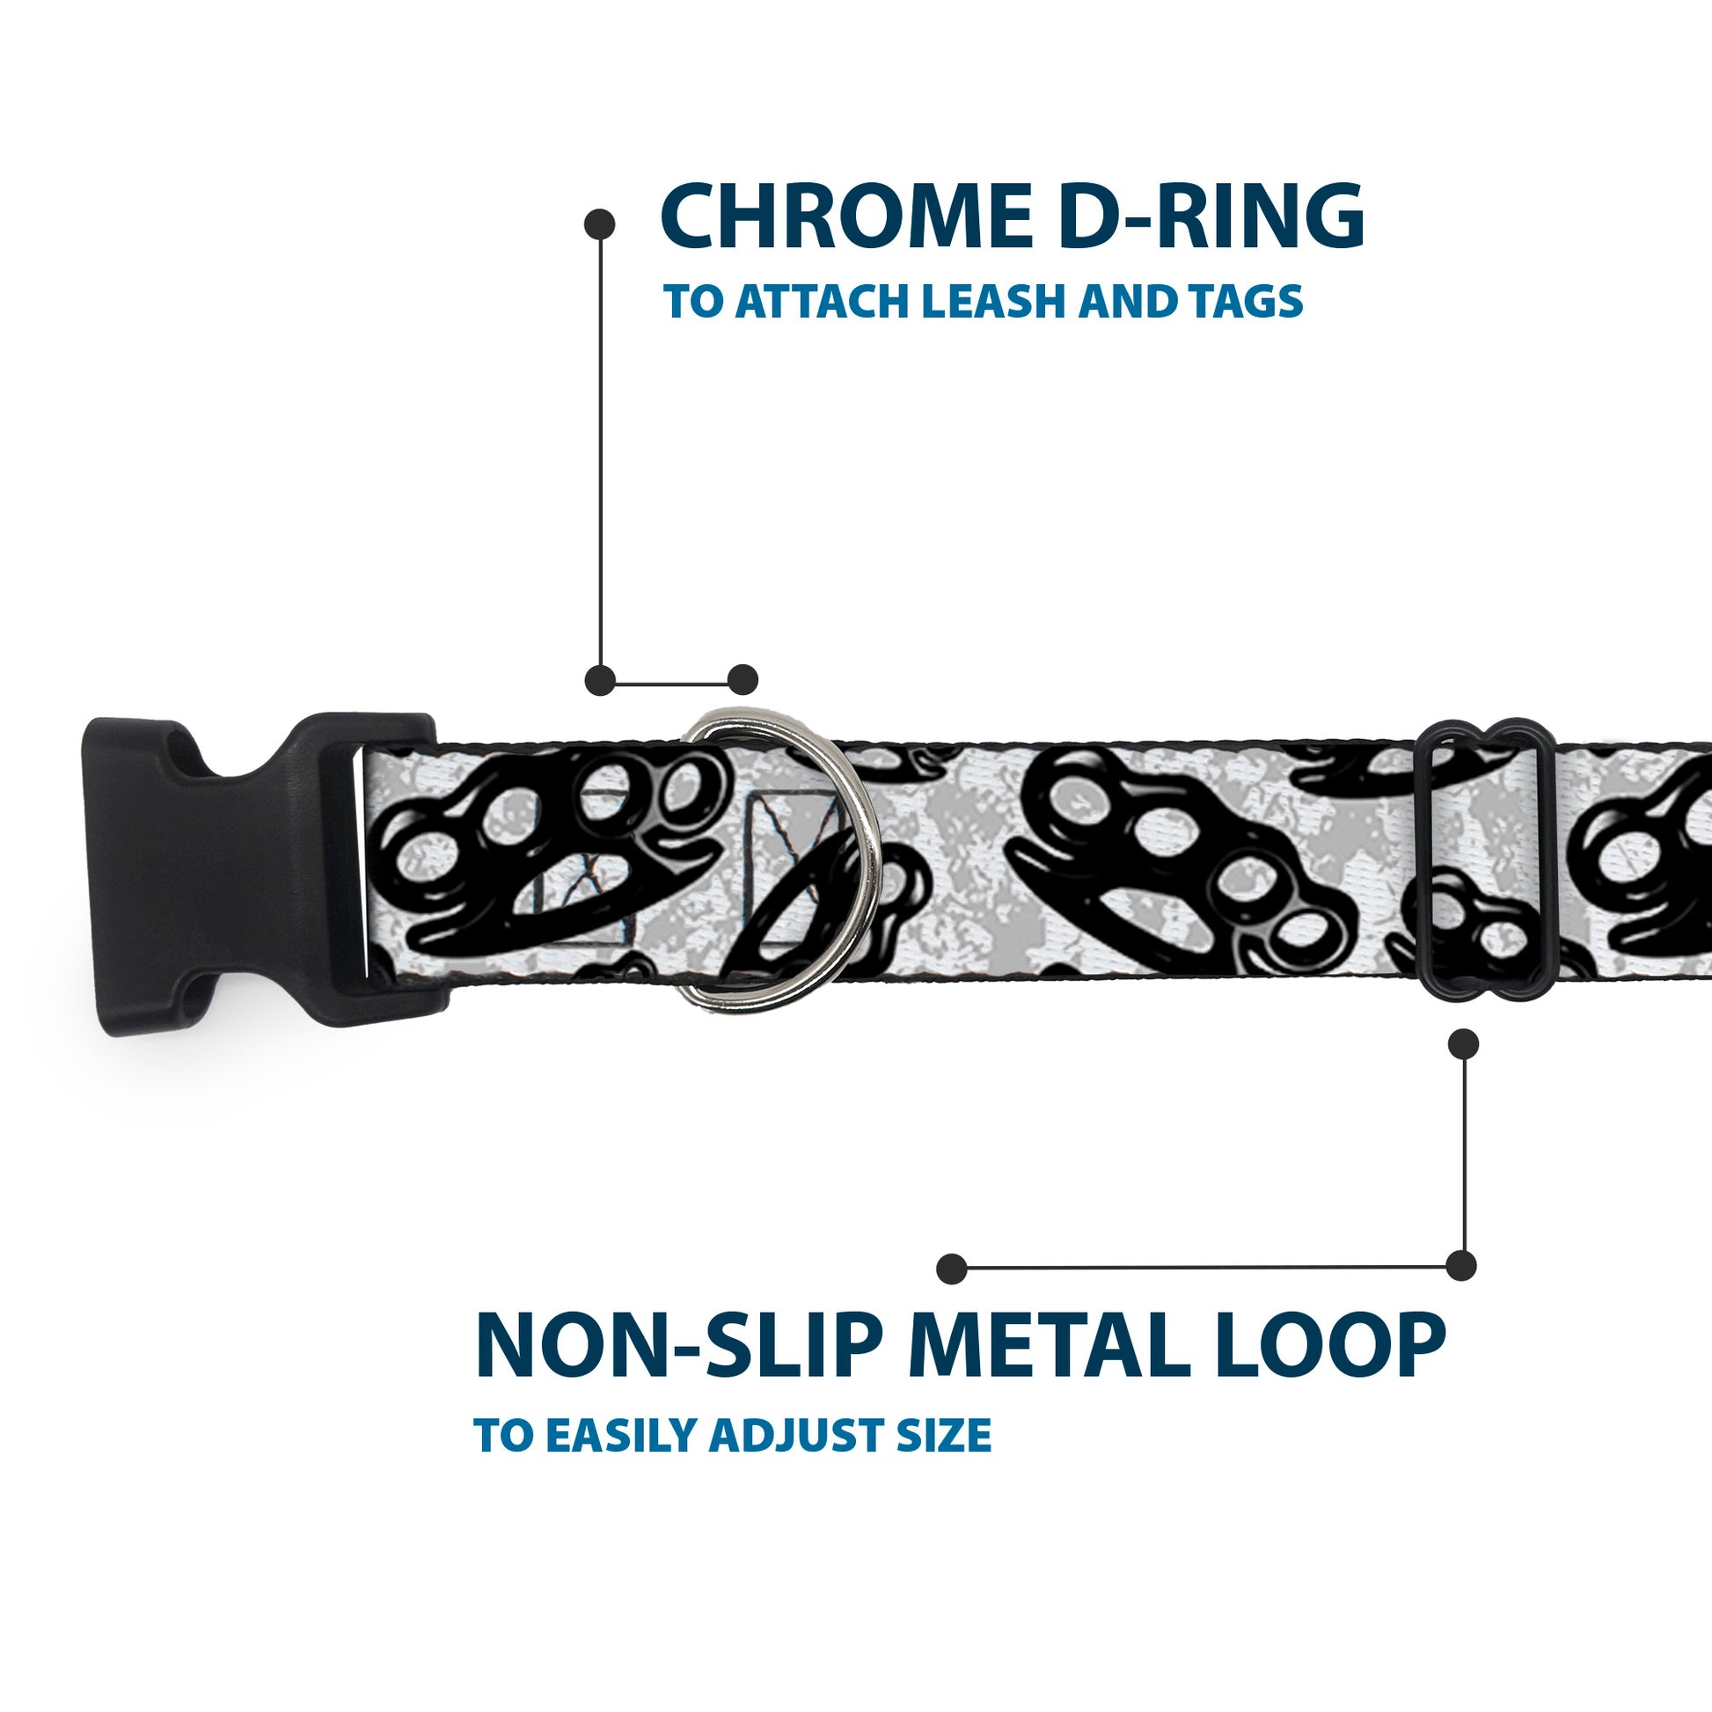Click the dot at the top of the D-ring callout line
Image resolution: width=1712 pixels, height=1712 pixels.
(600, 224)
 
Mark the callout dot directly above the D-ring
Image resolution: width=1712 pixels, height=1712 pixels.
(743, 680)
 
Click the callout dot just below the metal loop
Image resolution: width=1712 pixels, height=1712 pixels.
(1463, 1044)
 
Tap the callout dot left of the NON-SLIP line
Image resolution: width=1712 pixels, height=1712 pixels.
(952, 1268)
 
